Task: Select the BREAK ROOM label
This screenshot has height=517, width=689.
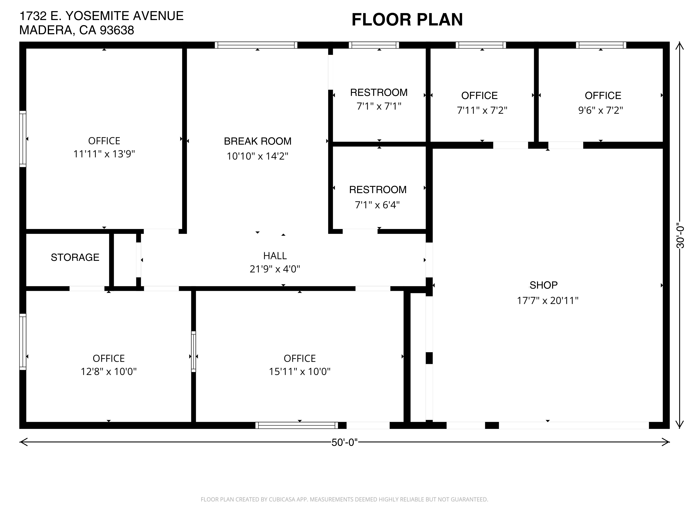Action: coord(258,141)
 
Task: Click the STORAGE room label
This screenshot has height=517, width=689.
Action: coord(75,257)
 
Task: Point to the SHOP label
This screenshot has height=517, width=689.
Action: coord(544,285)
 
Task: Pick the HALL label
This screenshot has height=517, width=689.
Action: coord(275,256)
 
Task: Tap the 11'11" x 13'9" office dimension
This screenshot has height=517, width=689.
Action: coord(104,154)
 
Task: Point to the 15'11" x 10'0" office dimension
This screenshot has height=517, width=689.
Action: coord(300,371)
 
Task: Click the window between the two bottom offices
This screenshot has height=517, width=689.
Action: coord(193,352)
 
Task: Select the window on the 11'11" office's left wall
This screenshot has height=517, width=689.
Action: coord(23,139)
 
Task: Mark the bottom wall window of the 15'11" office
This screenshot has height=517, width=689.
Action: coord(297,425)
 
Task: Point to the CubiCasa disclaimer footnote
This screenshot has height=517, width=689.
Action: coord(344,500)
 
